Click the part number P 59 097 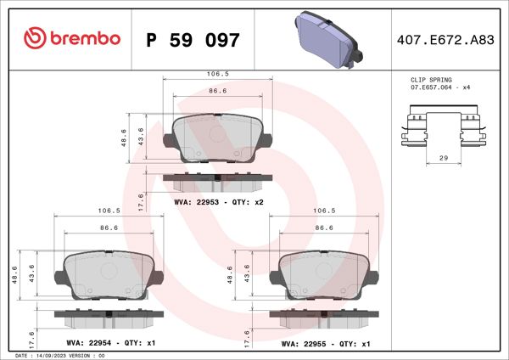tap(193, 40)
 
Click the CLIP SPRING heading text tap(431, 79)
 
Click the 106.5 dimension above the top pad tap(217, 74)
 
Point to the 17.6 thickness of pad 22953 tap(141, 200)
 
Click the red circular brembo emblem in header tap(35, 38)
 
